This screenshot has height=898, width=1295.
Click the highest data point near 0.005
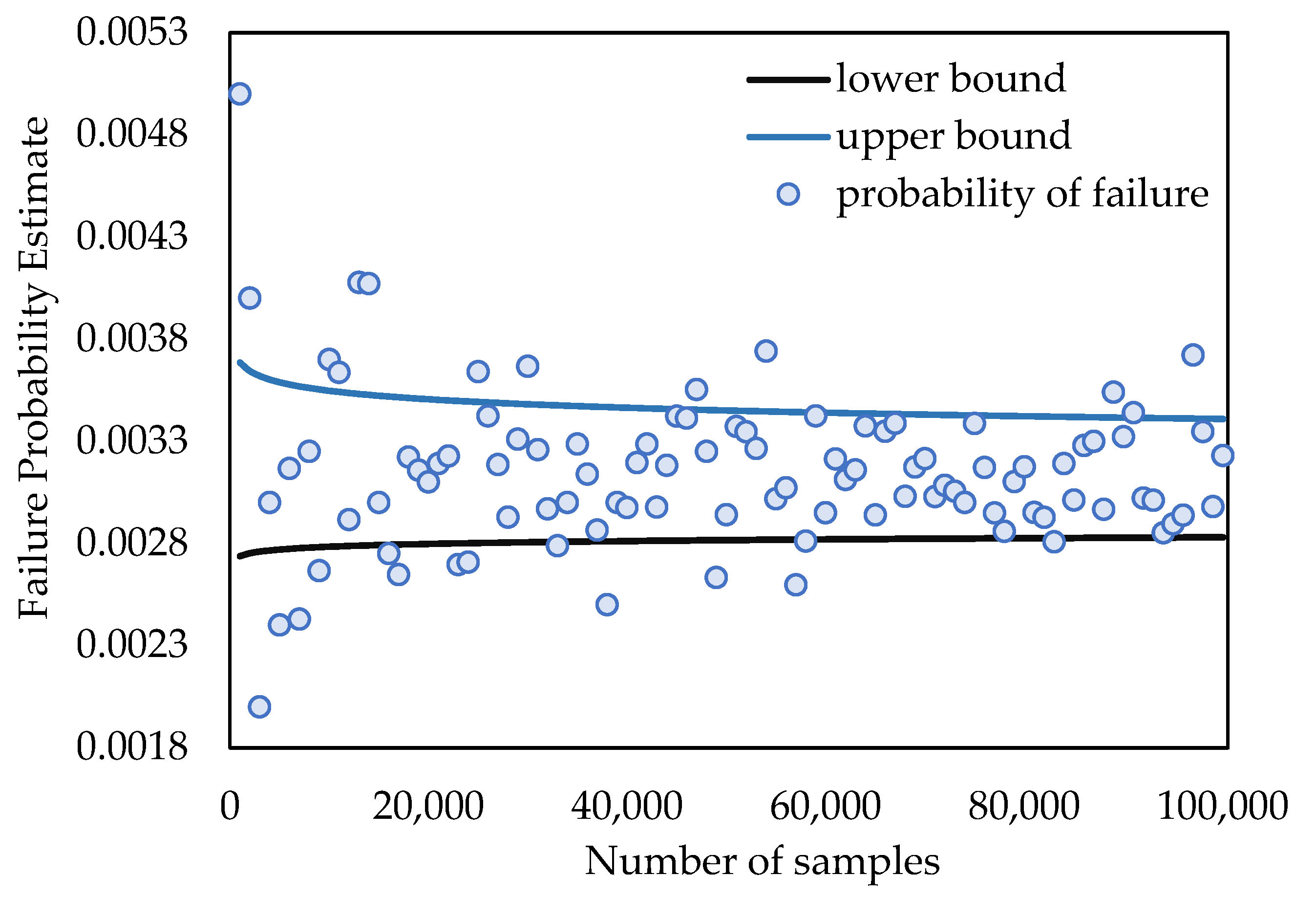pyautogui.click(x=239, y=94)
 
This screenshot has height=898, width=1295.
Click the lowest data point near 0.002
pyautogui.click(x=259, y=706)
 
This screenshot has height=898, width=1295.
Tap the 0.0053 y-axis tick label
pyautogui.click(x=131, y=32)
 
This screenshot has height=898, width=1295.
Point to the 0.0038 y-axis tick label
pyautogui.click(x=131, y=339)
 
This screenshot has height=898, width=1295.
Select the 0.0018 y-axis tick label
pyautogui.click(x=131, y=747)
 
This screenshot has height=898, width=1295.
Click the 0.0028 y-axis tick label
pyautogui.click(x=131, y=544)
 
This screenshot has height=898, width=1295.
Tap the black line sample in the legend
pyautogui.click(x=788, y=80)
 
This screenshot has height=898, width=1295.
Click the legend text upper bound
pyautogui.click(x=954, y=137)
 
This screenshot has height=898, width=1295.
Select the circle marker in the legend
pyautogui.click(x=788, y=195)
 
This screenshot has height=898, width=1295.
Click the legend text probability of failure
pyautogui.click(x=1022, y=195)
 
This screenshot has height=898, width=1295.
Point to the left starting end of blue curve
pyautogui.click(x=239, y=362)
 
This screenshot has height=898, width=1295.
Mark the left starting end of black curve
pyautogui.click(x=239, y=556)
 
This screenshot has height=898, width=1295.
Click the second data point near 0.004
pyautogui.click(x=250, y=298)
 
